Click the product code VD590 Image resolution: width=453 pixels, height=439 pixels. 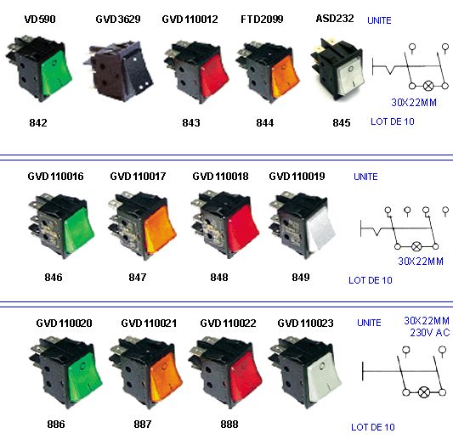coord(40,20)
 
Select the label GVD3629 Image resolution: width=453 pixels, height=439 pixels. coord(118,20)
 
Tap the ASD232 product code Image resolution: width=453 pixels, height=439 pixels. coord(335,19)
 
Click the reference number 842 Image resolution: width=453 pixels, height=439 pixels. coord(38,122)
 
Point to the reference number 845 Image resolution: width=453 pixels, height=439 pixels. coord(342,122)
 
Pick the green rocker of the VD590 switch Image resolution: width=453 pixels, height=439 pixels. coord(56,73)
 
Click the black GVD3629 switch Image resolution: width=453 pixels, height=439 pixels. coord(118,71)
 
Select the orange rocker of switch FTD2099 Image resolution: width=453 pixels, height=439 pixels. coord(286,76)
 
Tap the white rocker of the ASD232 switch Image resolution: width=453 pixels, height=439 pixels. coord(351,76)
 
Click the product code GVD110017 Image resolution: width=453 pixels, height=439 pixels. coord(138,176)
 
